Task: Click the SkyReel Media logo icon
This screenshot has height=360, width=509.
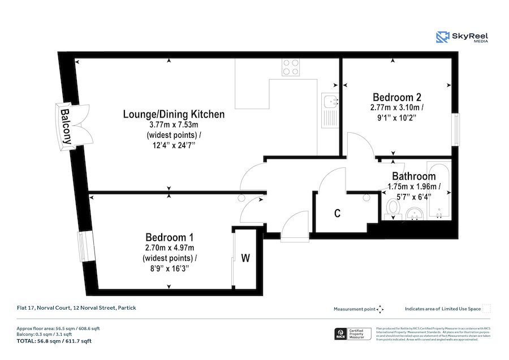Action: (442, 37)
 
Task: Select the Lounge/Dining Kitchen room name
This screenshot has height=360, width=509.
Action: (174, 114)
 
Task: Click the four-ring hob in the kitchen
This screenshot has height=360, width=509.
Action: (291, 67)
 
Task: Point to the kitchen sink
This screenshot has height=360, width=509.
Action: (330, 103)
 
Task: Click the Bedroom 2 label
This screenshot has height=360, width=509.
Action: (396, 96)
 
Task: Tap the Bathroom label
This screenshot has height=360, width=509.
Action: (413, 176)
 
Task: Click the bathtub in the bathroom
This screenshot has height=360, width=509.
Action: (438, 192)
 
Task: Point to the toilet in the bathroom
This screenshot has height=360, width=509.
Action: (392, 209)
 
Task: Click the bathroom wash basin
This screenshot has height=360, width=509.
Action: (413, 213)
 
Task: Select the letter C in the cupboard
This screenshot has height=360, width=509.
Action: (337, 214)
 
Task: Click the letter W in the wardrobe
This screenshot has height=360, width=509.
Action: (245, 258)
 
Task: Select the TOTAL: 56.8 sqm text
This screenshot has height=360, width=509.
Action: (54, 341)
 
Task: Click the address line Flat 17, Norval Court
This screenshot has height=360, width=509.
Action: (76, 308)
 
